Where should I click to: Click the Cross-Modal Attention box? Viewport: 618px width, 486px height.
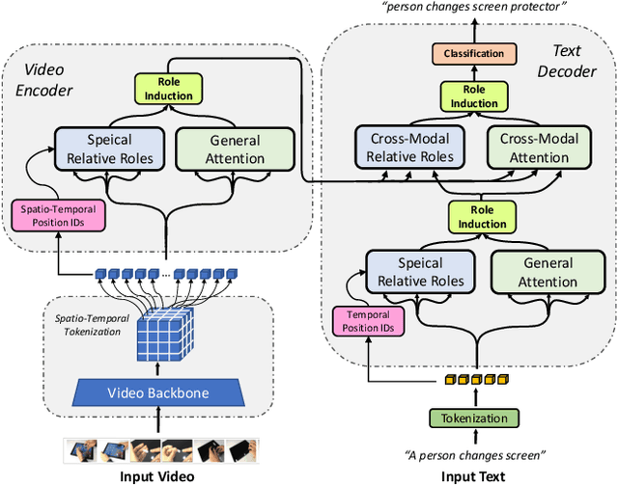[x=540, y=148]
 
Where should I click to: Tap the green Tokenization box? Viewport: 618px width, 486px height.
[x=474, y=418]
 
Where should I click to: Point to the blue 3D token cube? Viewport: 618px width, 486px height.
[x=156, y=335]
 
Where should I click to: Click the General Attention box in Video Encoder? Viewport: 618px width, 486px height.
[x=236, y=148]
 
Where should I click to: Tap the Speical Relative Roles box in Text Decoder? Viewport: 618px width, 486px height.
[x=420, y=271]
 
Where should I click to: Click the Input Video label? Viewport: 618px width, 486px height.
[x=155, y=476]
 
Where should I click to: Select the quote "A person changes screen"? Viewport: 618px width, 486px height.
[x=474, y=453]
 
